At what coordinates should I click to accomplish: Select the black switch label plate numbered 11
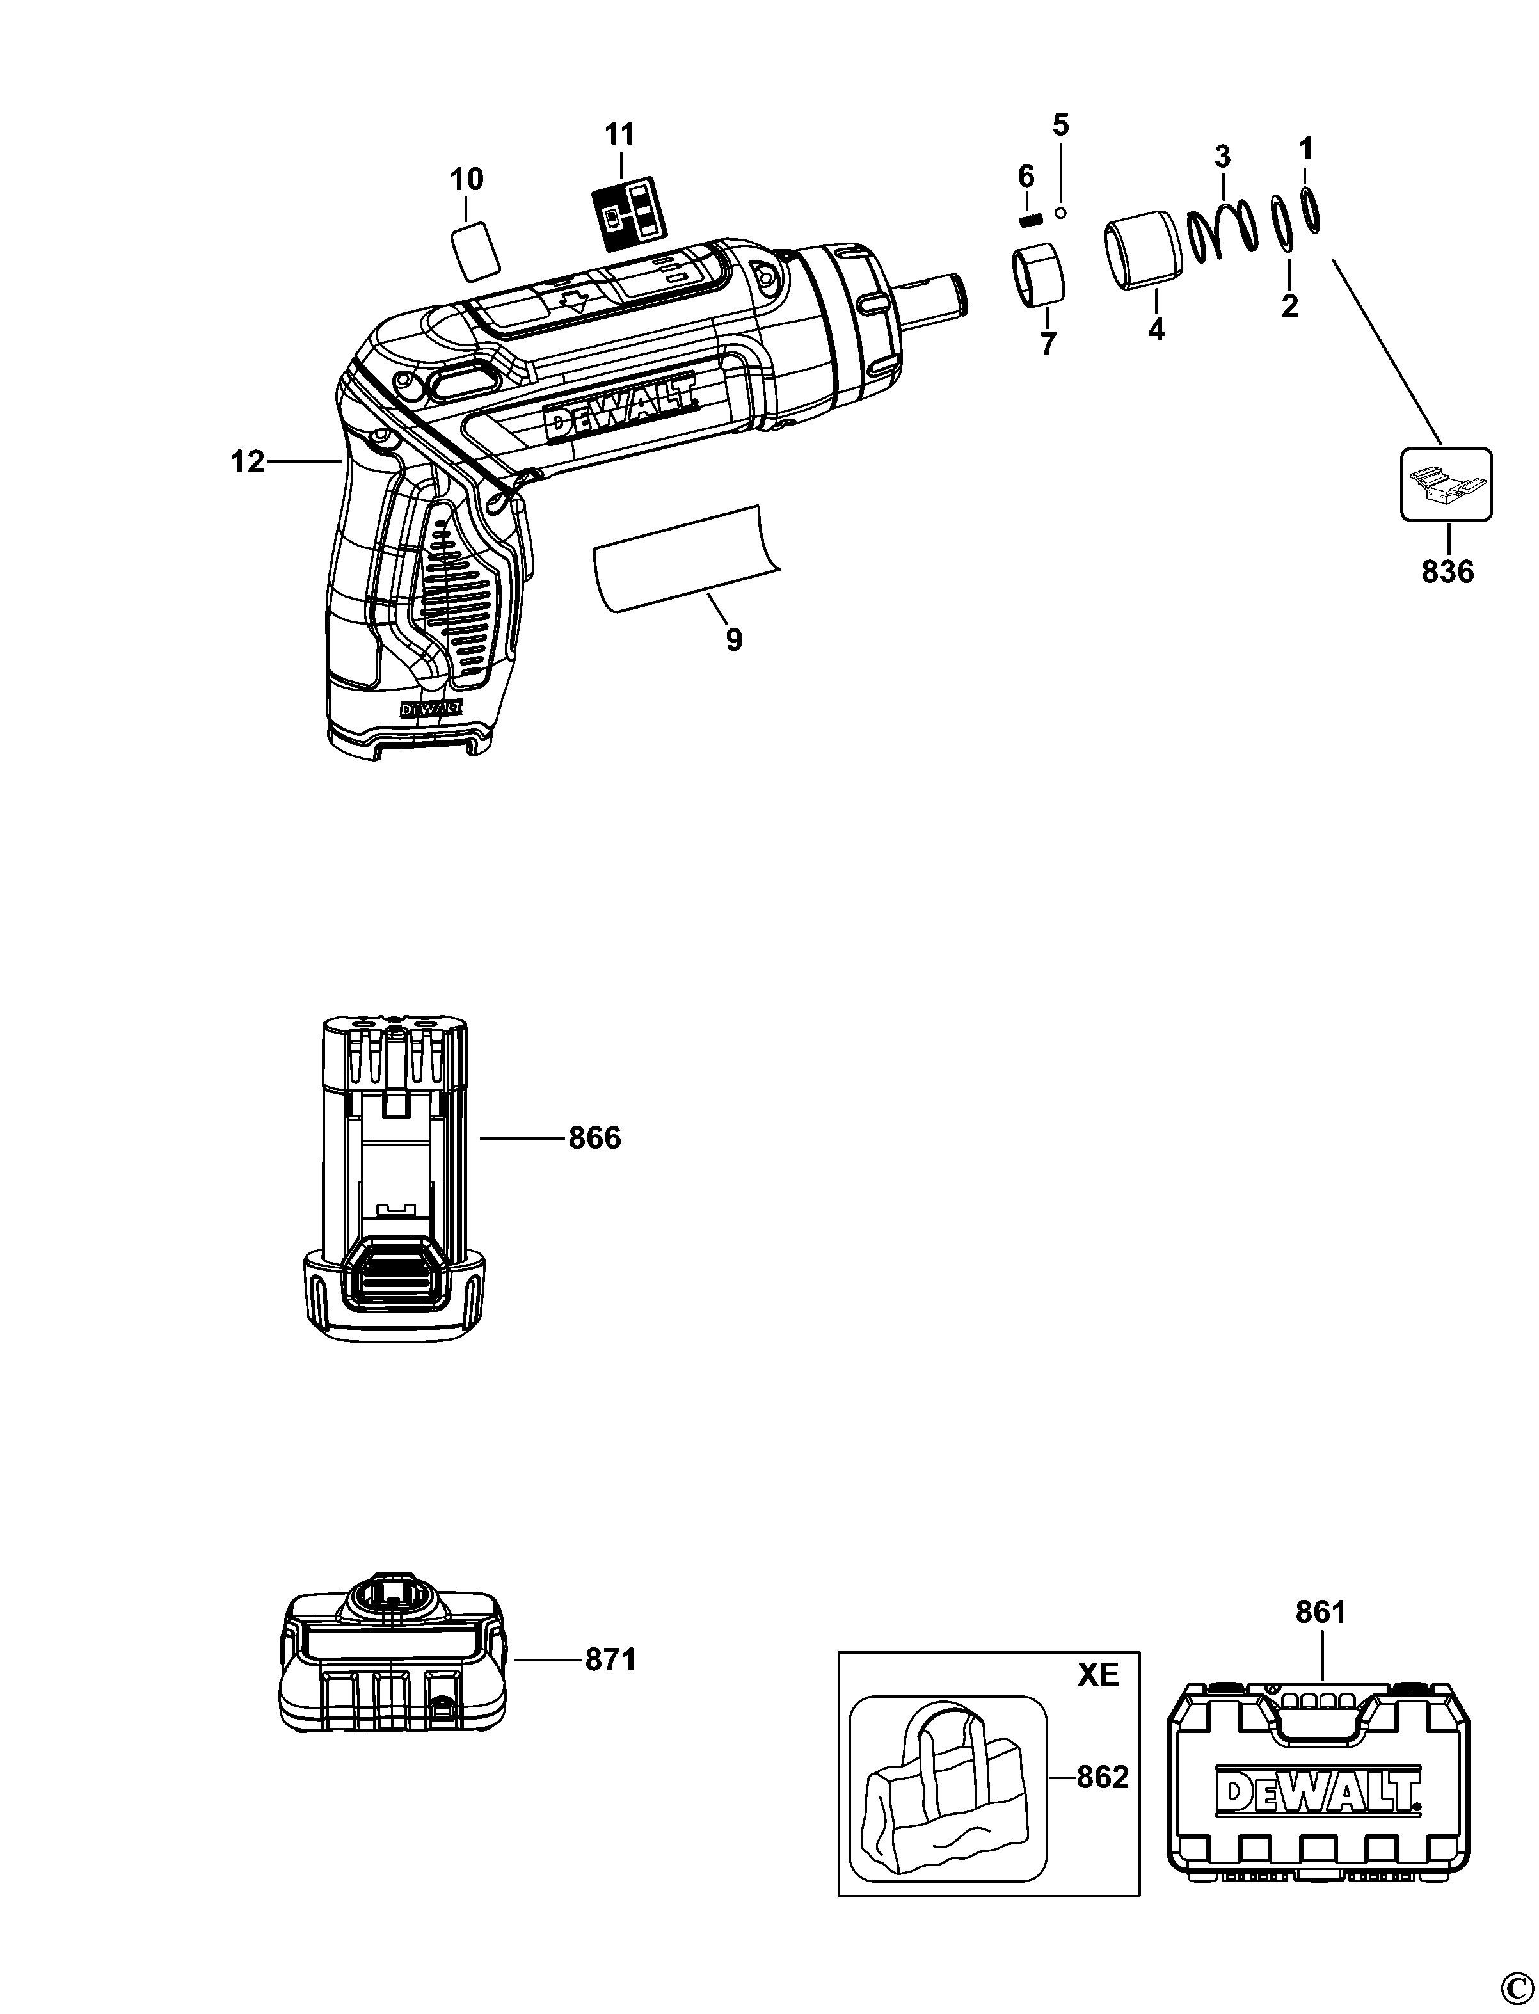626,214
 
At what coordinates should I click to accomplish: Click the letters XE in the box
1097,1675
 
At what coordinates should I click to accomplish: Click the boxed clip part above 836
1446,484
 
